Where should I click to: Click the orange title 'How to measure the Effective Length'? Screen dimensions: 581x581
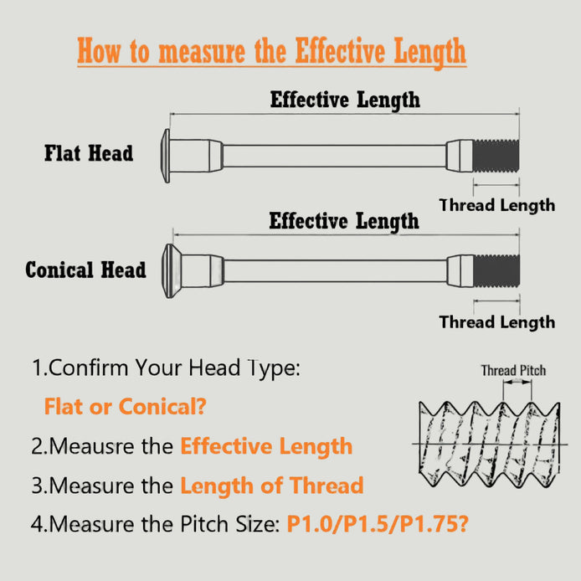coord(271,51)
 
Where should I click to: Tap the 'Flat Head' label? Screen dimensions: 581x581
coord(89,153)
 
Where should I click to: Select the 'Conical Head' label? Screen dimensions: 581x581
coord(85,270)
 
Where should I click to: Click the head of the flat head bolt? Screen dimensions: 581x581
coord(166,156)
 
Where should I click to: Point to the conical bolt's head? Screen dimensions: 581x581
coord(171,271)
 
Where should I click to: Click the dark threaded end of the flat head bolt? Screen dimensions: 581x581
coord(496,156)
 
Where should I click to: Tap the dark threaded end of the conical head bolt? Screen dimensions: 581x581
coord(496,271)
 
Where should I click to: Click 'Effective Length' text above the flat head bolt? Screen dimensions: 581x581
coord(345,100)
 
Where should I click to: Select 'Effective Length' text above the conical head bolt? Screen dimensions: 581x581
coord(344,221)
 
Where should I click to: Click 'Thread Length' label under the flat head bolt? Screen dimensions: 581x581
coord(497,205)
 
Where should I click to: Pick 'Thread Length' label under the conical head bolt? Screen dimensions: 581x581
coord(497,322)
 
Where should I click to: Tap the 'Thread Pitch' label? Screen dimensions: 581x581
coord(513,370)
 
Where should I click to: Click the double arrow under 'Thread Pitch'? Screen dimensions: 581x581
coord(517,383)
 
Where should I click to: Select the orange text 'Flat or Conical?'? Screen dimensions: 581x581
coord(126,407)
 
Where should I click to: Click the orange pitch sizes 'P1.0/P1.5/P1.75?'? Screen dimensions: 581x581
coord(378,524)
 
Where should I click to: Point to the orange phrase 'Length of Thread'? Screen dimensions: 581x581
coord(271,486)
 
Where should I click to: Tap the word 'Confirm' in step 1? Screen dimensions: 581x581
coord(88,368)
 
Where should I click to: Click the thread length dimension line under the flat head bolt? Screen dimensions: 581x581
coord(496,184)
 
